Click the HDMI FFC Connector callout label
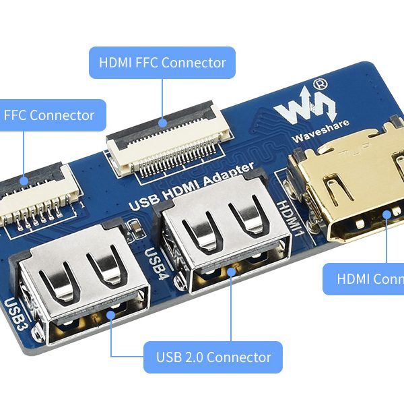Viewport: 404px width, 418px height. pyautogui.click(x=162, y=63)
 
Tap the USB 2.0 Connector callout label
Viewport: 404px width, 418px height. pyautogui.click(x=213, y=357)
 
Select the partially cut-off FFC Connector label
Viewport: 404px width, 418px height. pyautogui.click(x=51, y=115)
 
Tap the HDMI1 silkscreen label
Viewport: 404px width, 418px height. pyautogui.click(x=289, y=220)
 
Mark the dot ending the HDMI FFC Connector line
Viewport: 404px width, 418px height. pyautogui.click(x=162, y=123)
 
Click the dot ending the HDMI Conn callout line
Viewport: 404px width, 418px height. pyautogui.click(x=386, y=215)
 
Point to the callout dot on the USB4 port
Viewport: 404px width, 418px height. pyautogui.click(x=231, y=272)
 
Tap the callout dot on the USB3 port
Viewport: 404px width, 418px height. pyautogui.click(x=110, y=315)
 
